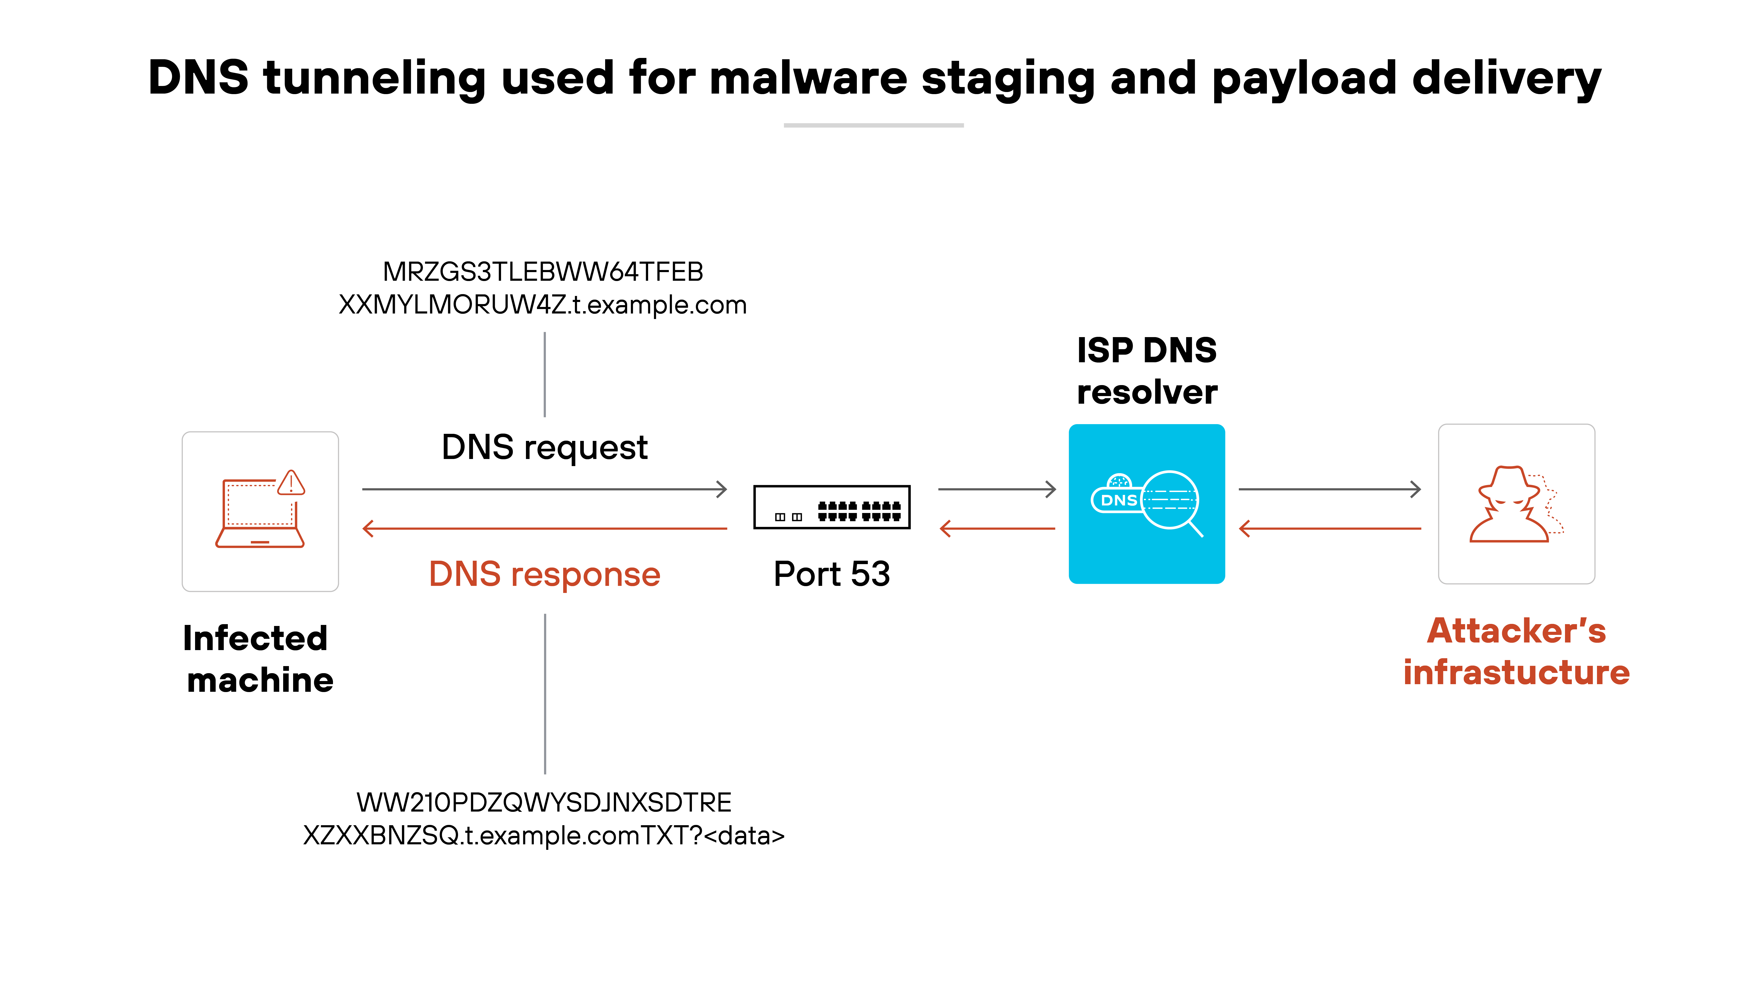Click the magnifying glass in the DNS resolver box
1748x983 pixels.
[1172, 502]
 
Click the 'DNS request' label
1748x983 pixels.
[544, 448]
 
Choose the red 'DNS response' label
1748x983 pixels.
[544, 575]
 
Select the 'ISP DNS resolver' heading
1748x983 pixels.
[1147, 371]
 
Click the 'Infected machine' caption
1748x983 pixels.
[259, 659]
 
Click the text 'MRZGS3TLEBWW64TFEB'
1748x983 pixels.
[543, 272]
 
